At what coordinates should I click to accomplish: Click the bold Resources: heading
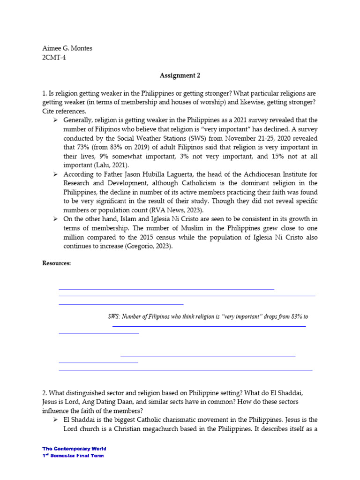56,263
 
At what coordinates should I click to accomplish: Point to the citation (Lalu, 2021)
111,165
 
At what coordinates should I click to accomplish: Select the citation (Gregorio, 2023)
149,247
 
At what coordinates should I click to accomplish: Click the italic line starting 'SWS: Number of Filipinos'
208,317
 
